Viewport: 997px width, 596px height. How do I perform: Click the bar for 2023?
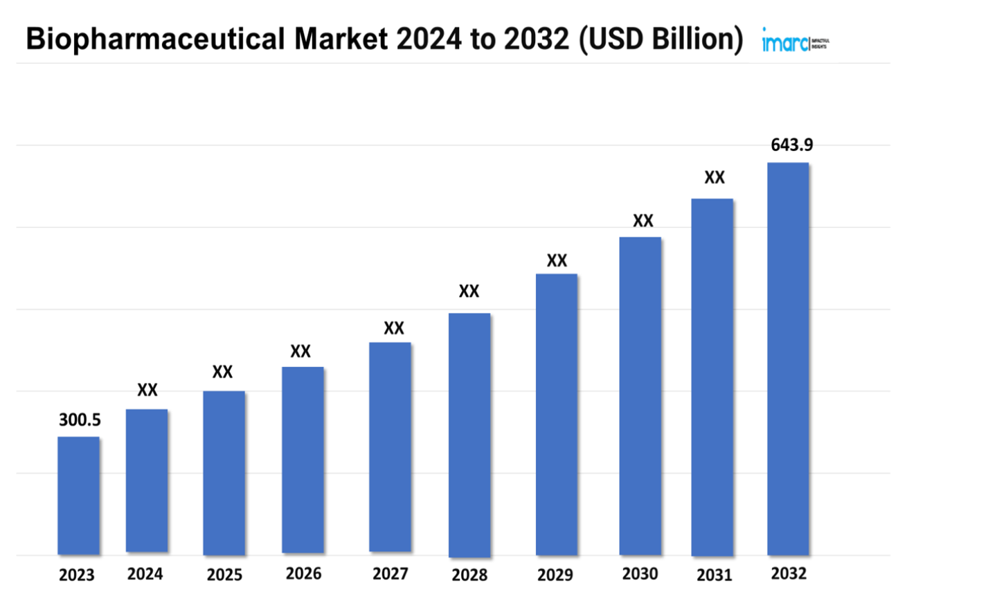(78, 496)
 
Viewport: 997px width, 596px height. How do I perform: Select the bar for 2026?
(303, 460)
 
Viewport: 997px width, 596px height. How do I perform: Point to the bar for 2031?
(712, 377)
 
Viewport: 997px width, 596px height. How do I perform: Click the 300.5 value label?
(80, 419)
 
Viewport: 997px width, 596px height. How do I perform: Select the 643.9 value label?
(791, 145)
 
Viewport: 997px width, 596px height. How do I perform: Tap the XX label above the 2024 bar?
(147, 390)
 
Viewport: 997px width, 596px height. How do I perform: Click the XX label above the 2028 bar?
(469, 291)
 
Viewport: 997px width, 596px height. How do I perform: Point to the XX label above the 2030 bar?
(643, 221)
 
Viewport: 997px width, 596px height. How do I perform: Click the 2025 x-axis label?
(224, 575)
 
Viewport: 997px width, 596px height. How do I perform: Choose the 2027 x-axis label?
(390, 574)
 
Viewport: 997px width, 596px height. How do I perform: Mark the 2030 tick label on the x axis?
(640, 574)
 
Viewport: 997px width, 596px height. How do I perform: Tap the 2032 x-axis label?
(789, 574)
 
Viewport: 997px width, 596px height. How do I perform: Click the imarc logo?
(794, 42)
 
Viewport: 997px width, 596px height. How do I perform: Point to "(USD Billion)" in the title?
(661, 39)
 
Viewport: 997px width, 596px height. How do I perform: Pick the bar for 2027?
(390, 447)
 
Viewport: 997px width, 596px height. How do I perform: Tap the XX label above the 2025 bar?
(222, 372)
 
